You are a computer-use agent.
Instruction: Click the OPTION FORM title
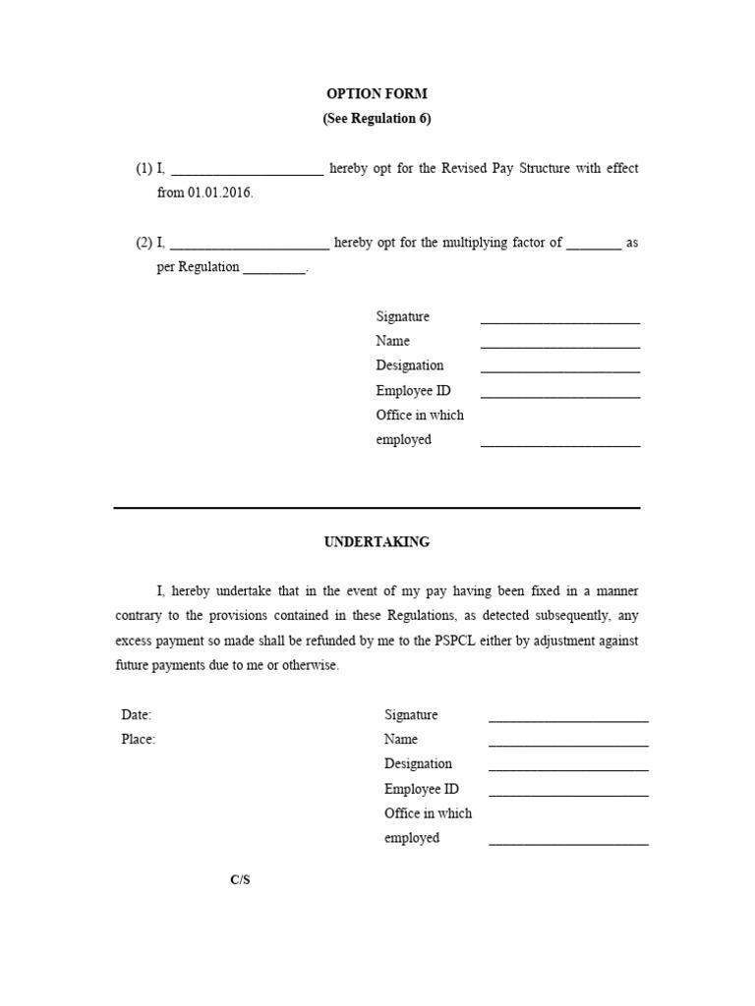[x=377, y=94]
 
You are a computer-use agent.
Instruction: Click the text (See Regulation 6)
[x=377, y=119]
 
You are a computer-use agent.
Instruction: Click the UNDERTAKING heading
[x=377, y=542]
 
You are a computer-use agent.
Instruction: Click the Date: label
[x=137, y=715]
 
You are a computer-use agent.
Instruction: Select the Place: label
[x=138, y=740]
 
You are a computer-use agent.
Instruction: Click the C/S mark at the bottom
[x=241, y=879]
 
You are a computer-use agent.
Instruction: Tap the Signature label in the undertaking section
[x=411, y=715]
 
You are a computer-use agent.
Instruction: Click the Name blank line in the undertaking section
[x=568, y=743]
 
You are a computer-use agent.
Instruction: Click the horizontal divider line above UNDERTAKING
[x=377, y=508]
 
